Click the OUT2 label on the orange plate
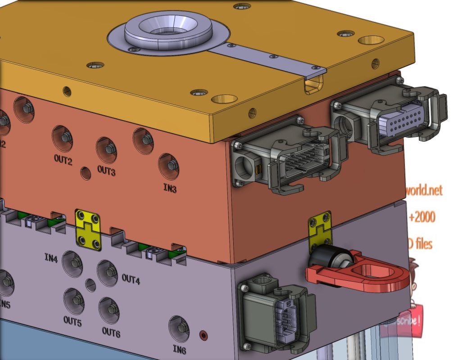[x=63, y=161]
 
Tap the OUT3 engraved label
[x=106, y=171]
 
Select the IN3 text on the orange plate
[x=170, y=189]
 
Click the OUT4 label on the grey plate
[x=131, y=279]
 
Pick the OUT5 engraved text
[x=72, y=321]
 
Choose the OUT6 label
[x=111, y=332]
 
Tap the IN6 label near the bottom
[x=179, y=350]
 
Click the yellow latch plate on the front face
[x=88, y=229]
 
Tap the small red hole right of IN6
[x=204, y=335]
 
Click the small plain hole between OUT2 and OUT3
[x=85, y=173]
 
